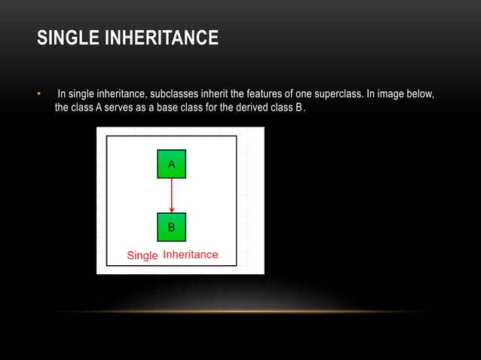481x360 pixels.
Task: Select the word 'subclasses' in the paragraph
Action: [x=173, y=94]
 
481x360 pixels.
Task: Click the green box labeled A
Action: [x=171, y=164]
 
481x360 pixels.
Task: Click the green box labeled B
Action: [x=171, y=227]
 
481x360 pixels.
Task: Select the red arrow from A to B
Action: [x=171, y=193]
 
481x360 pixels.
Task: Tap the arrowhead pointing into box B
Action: [x=171, y=209]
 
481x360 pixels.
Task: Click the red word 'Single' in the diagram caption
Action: [x=142, y=255]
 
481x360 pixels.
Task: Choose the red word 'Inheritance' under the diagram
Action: [x=191, y=255]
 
